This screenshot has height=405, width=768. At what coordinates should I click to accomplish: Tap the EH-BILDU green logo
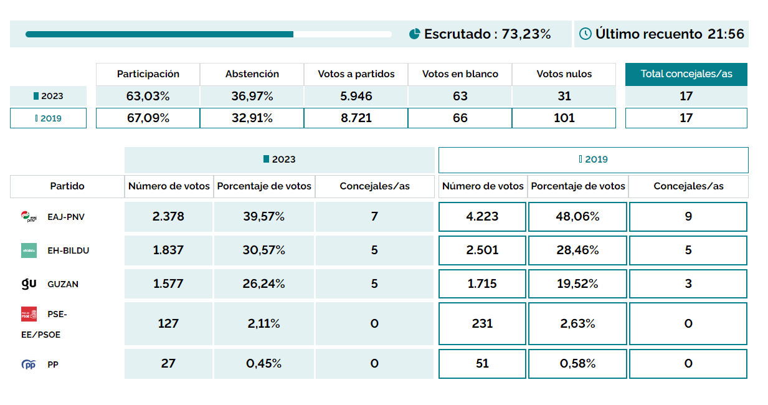click(x=29, y=250)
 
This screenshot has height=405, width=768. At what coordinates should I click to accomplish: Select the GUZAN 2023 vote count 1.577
click(x=168, y=284)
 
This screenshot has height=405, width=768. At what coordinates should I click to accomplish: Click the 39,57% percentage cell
click(x=264, y=217)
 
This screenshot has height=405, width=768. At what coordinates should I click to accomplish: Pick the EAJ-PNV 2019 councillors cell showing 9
click(x=688, y=217)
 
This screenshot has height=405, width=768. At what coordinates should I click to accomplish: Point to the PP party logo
click(x=29, y=364)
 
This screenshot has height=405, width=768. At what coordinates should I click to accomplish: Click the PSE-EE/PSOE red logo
click(x=29, y=314)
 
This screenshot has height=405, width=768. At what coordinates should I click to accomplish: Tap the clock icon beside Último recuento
click(x=585, y=34)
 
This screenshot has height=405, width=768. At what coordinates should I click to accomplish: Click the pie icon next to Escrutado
click(x=415, y=34)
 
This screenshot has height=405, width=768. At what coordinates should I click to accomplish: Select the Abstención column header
click(x=252, y=74)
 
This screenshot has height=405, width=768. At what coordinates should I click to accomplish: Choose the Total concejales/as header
click(x=686, y=74)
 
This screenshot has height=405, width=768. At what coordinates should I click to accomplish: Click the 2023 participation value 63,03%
click(x=148, y=96)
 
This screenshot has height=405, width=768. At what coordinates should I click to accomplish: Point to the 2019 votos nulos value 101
click(x=564, y=118)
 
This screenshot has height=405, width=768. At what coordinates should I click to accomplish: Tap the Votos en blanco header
click(x=460, y=74)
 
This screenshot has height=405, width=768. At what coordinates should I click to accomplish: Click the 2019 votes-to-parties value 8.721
click(x=356, y=118)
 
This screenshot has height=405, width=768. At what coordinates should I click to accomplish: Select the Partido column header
click(x=67, y=186)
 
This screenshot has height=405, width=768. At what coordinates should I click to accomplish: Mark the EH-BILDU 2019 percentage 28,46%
click(x=577, y=250)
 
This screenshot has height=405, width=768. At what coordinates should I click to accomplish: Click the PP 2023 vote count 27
click(x=168, y=363)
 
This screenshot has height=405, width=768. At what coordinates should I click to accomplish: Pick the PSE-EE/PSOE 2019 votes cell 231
click(x=482, y=323)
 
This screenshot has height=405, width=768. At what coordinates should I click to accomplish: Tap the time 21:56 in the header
click(x=726, y=34)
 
